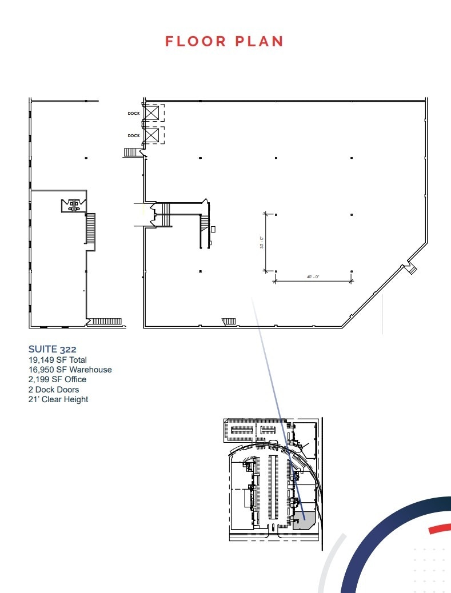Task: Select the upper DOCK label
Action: point(133,113)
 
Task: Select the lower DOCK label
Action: point(133,135)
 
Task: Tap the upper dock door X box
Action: point(152,113)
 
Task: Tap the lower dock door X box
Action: point(152,135)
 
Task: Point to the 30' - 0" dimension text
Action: point(261,243)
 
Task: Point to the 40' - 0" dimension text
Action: point(313,277)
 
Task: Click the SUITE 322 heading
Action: point(53,348)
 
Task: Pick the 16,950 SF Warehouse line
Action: point(70,370)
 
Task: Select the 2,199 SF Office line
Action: point(57,379)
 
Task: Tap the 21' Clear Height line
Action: point(58,399)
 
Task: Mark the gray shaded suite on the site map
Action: point(304,520)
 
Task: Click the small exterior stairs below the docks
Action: point(133,152)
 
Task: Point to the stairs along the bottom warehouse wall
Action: point(229,322)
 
